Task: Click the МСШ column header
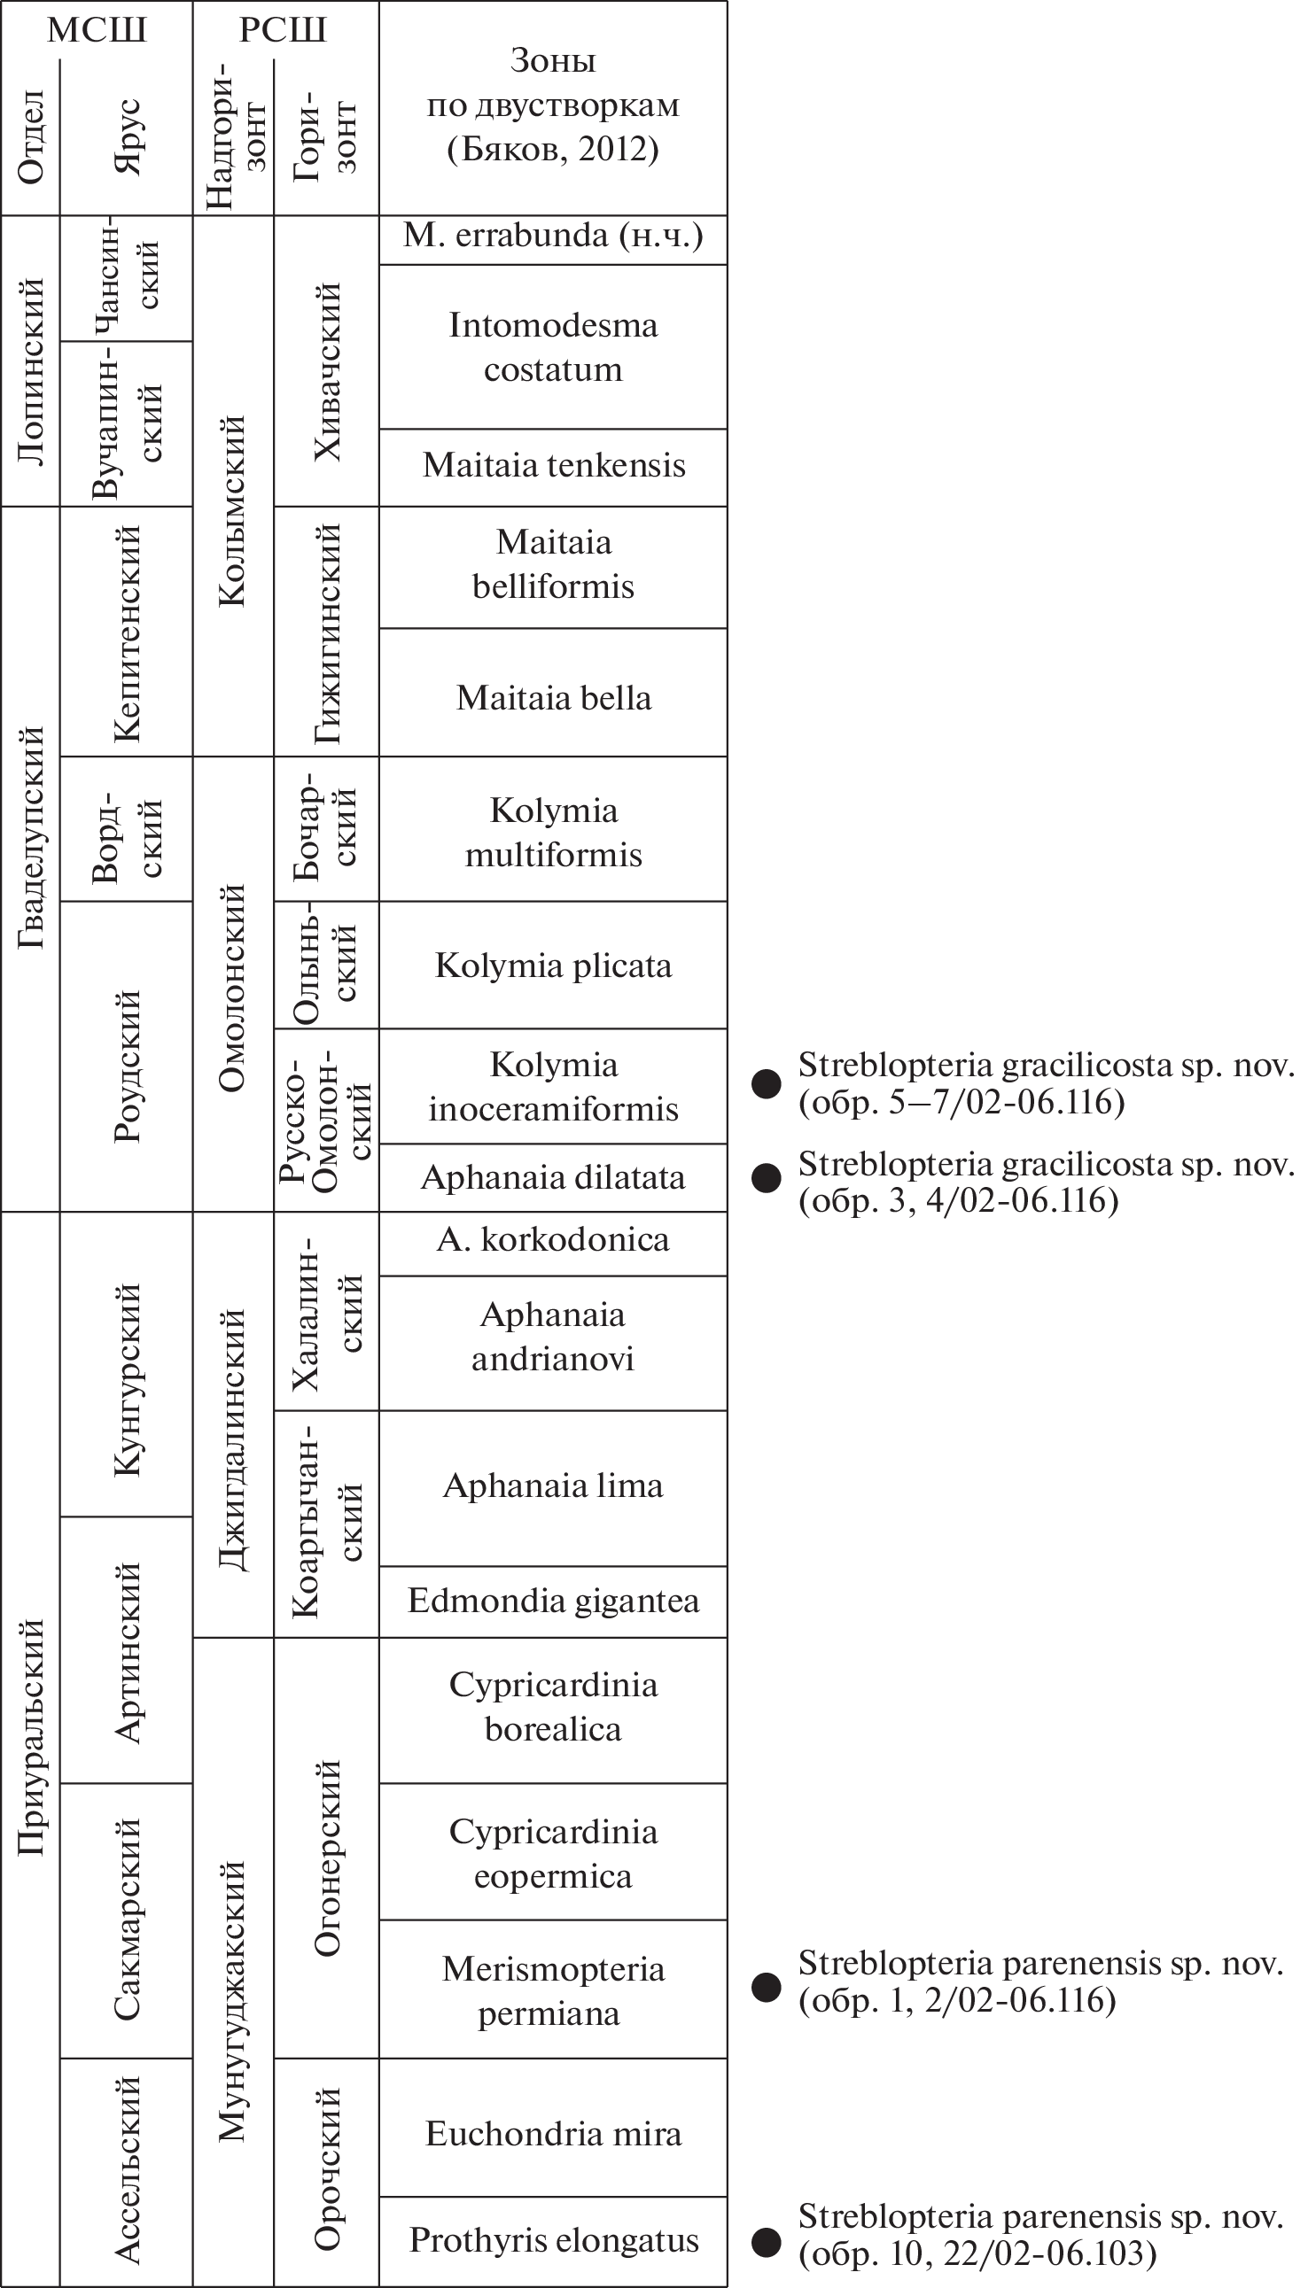[96, 30]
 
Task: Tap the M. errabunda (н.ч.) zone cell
[552, 237]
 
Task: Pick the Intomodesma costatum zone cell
[552, 346]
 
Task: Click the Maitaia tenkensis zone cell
[552, 466]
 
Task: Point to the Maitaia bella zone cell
[552, 699]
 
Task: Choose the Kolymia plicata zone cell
[552, 966]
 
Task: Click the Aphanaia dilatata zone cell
[552, 1178]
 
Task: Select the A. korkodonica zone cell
[552, 1240]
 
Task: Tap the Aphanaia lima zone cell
[552, 1486]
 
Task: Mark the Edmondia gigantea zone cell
[552, 1601]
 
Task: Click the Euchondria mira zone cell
[552, 2134]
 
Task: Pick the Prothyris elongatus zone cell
[552, 2240]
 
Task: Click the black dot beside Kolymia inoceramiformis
[767, 1084]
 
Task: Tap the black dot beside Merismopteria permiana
[767, 1988]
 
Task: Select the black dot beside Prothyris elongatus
[767, 2242]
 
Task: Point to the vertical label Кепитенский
[127, 634]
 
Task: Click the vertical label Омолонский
[233, 988]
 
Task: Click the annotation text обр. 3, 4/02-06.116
[959, 1200]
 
